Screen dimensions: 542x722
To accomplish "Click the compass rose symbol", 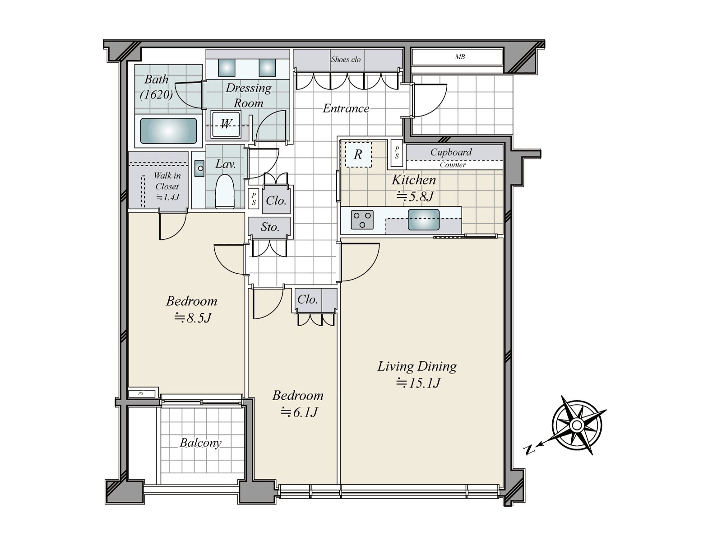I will (576, 425).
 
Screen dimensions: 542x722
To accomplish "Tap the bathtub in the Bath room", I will (168, 131).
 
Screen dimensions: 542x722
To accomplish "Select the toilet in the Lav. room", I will (224, 192).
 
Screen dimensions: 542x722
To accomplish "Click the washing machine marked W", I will (226, 124).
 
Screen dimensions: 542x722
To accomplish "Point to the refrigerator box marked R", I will (358, 154).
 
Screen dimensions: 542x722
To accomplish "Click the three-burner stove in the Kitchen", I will (362, 220).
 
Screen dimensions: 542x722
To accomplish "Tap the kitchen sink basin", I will (423, 220).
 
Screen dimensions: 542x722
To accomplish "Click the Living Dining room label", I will (417, 366).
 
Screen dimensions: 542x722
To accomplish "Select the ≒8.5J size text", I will (193, 318).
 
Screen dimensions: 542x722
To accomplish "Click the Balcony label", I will (200, 443).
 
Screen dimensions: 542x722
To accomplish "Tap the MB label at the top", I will (460, 57).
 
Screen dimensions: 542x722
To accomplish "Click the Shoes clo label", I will (346, 60).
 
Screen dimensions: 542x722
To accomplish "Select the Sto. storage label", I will (270, 227).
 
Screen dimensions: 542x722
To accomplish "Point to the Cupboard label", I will (451, 152).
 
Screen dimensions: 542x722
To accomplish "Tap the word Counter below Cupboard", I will (453, 165).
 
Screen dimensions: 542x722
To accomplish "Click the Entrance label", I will (346, 108).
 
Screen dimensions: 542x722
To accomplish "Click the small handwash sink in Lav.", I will (199, 168).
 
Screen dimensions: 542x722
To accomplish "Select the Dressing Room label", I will (249, 95).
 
